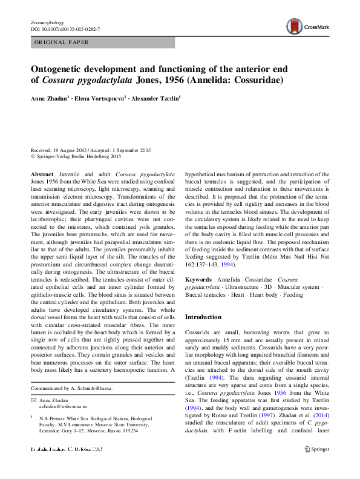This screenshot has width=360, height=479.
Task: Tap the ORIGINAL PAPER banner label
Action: pyautogui.click(x=61, y=42)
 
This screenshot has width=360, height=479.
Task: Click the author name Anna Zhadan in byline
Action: pyautogui.click(x=51, y=98)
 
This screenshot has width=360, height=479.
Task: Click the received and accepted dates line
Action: pyautogui.click(x=90, y=150)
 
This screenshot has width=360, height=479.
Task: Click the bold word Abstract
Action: pyautogui.click(x=42, y=173)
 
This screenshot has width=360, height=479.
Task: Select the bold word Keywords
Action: pyautogui.click(x=198, y=279)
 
